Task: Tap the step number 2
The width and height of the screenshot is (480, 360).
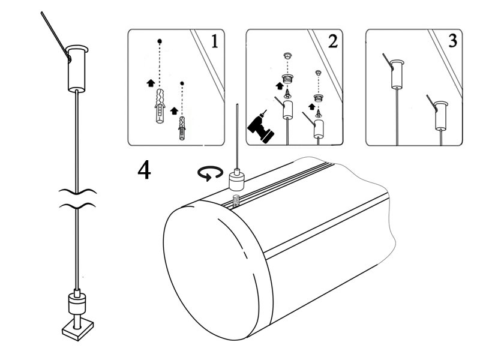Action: point(332,42)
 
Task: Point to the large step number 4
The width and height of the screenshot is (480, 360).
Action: point(144,170)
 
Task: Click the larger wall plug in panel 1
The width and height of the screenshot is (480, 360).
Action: point(159,108)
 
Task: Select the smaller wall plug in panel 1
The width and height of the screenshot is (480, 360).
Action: point(182,128)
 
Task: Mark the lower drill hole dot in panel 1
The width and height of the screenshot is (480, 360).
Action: point(182,82)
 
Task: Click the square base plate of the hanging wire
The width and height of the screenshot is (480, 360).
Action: point(76,328)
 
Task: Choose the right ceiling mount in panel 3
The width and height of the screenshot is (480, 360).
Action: point(443,114)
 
